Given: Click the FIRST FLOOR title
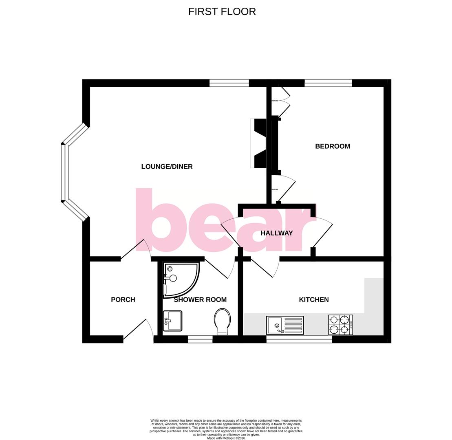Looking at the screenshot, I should click(x=222, y=12).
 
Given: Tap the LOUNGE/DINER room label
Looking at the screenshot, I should click(x=167, y=166).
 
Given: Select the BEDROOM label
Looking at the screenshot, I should click(x=332, y=146).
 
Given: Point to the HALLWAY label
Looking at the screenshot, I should click(x=276, y=233).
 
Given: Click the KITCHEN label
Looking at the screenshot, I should click(x=313, y=299).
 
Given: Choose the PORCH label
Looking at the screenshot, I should click(x=123, y=299).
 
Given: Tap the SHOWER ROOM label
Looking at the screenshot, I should click(x=200, y=299).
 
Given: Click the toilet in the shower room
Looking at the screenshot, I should click(x=222, y=321).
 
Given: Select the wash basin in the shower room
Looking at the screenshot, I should click(x=172, y=321).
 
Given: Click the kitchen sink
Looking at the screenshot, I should click(x=284, y=325).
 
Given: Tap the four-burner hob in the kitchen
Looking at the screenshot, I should click(x=340, y=325).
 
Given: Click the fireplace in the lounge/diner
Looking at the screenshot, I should click(x=258, y=143).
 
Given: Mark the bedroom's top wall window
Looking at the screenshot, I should click(x=328, y=83).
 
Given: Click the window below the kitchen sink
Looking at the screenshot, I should click(x=299, y=339).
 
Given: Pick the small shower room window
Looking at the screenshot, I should click(x=200, y=339).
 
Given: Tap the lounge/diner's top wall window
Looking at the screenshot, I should click(x=229, y=83).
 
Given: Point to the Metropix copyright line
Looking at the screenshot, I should click(x=226, y=438).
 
